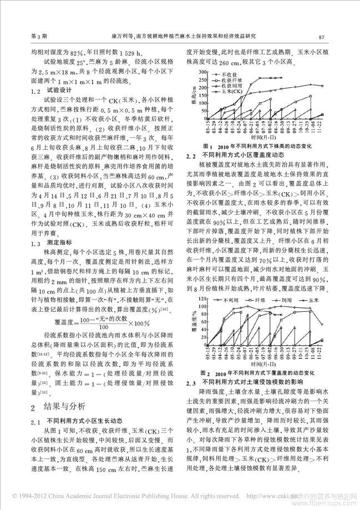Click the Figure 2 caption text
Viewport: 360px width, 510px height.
click(260, 373)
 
